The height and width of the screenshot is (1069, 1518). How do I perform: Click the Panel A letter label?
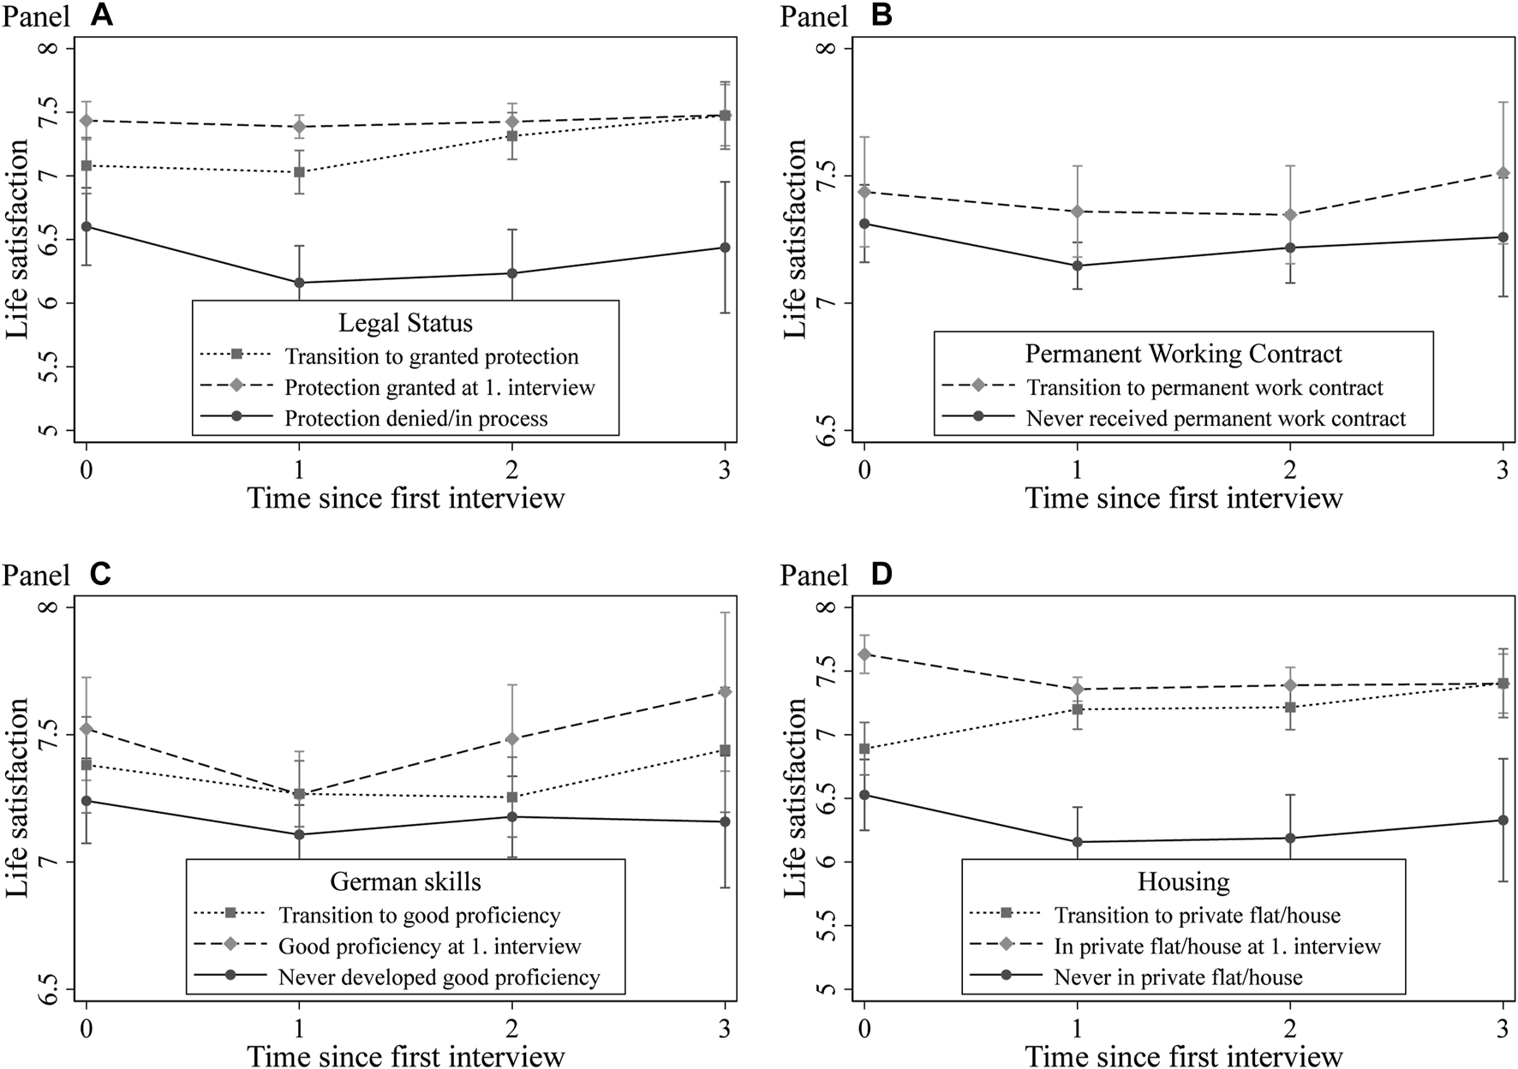[102, 15]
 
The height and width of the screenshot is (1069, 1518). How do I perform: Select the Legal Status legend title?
[405, 323]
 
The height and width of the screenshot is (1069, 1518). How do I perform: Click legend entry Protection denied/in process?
[415, 419]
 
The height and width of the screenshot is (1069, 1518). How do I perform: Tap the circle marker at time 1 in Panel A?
[299, 283]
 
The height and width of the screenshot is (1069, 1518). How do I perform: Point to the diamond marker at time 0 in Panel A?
[86, 121]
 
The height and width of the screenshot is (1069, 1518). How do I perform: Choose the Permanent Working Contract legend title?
[1183, 354]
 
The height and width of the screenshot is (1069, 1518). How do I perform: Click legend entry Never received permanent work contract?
[1216, 419]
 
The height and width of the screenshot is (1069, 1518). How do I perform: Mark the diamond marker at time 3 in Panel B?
[1503, 173]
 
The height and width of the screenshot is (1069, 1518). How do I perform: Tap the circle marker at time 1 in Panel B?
[1078, 266]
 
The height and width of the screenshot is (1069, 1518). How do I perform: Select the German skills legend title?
[405, 882]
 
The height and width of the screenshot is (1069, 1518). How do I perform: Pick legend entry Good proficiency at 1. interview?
[429, 947]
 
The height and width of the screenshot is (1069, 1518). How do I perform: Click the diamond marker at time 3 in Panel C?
[725, 692]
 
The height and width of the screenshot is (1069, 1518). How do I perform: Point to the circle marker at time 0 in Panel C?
[86, 801]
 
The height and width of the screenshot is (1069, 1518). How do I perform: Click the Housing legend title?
[1183, 882]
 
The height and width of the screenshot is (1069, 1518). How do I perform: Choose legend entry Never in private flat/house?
[1178, 977]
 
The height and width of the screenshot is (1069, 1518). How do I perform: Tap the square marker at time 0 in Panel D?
[864, 749]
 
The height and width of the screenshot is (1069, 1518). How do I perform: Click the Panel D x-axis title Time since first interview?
[1183, 1056]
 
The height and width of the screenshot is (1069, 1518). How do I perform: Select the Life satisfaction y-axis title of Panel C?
[19, 797]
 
